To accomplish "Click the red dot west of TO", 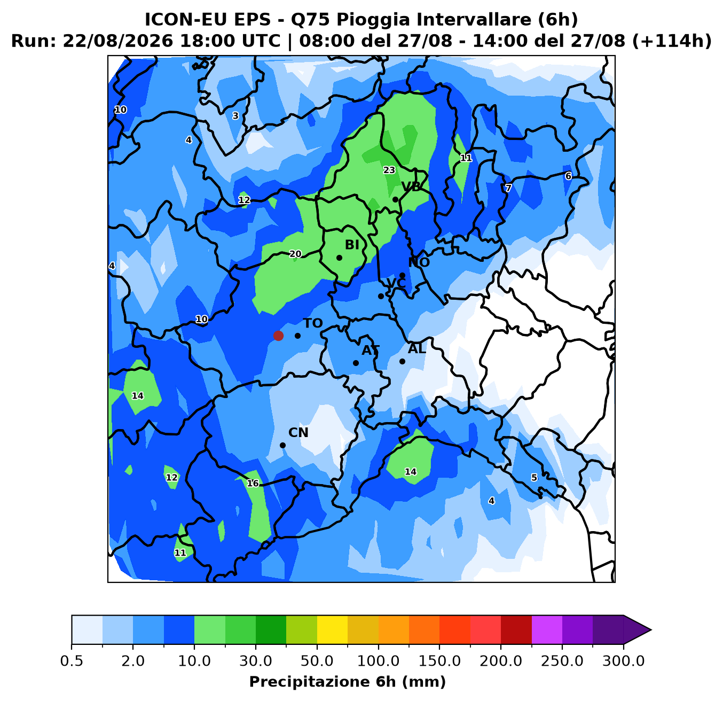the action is (x=278, y=336).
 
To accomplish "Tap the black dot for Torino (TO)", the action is (x=297, y=336).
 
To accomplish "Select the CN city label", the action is (x=298, y=432).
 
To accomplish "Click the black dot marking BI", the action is (x=339, y=258).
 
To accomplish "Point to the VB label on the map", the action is (x=411, y=186).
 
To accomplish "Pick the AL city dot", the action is (x=402, y=361).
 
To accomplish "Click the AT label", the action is (x=371, y=350).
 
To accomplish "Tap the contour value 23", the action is (x=389, y=170).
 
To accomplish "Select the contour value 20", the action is (x=295, y=254).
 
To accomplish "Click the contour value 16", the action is (x=253, y=483).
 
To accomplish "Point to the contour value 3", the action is (x=235, y=116).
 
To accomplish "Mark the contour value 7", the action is (x=508, y=188).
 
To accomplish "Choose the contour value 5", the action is (x=534, y=478).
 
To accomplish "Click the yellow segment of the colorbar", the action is (x=332, y=629).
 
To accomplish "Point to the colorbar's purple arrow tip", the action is (x=651, y=629).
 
